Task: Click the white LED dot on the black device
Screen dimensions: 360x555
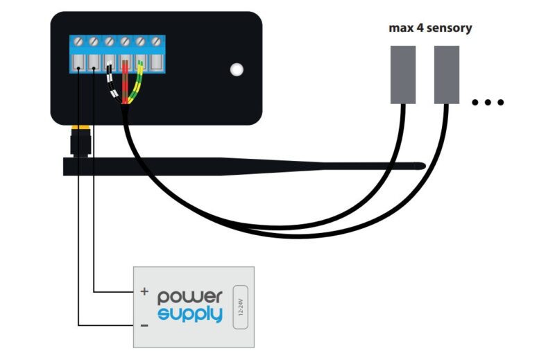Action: [237, 69]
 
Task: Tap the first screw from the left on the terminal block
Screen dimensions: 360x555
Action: [78, 42]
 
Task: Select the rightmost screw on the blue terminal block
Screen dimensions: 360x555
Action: [157, 42]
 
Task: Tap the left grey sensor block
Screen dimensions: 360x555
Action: [403, 74]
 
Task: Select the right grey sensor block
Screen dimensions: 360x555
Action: [446, 74]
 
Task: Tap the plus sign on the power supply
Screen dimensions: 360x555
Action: [144, 292]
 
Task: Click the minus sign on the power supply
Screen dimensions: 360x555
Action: [144, 324]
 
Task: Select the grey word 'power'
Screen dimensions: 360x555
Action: [190, 296]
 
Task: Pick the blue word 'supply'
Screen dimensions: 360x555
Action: [190, 314]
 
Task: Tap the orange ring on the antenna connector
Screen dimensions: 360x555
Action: [82, 129]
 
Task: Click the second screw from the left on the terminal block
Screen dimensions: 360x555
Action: [94, 42]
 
